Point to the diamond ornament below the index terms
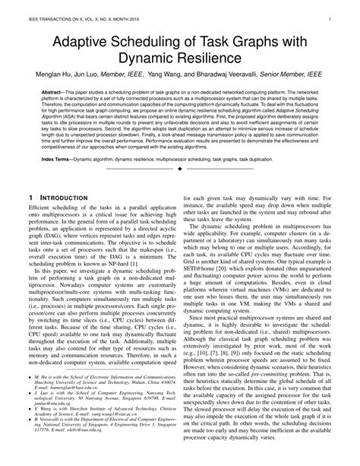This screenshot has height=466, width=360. (x=180, y=169)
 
